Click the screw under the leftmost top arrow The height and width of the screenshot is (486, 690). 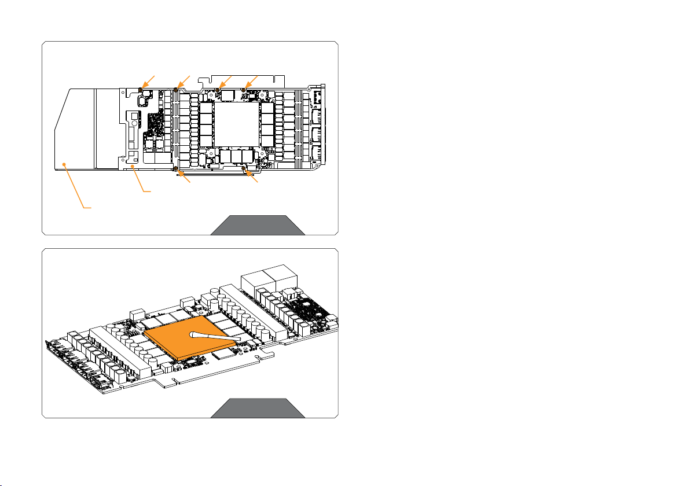pos(142,90)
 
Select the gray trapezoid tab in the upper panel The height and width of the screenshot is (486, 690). pos(257,225)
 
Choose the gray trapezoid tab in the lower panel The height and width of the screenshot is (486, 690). pos(257,408)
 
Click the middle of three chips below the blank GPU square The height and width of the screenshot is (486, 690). pos(236,156)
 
